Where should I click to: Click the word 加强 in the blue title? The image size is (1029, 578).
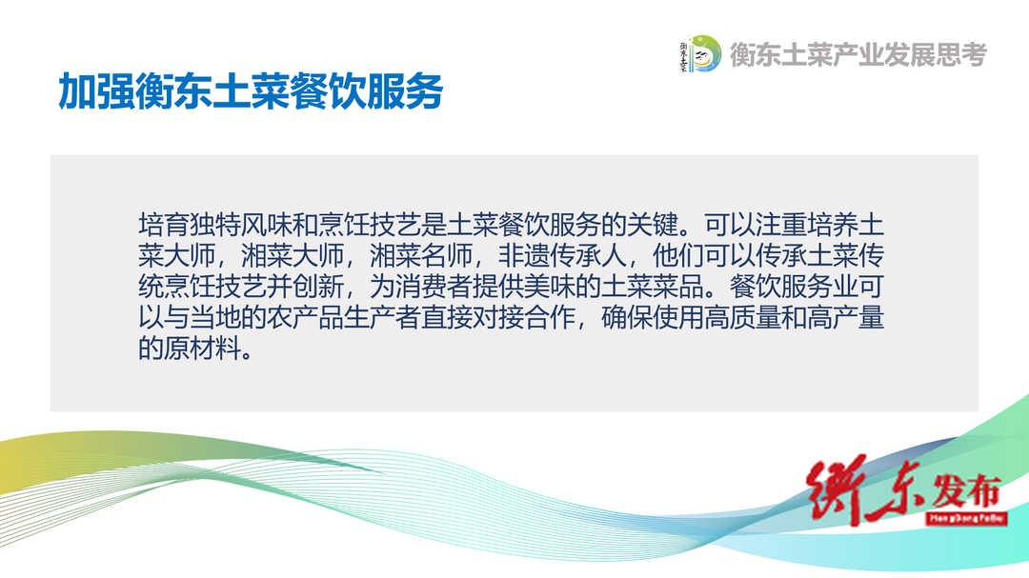click(x=96, y=90)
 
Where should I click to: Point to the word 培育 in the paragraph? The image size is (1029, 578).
click(x=164, y=225)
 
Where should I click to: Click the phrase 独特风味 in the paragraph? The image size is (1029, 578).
click(x=240, y=225)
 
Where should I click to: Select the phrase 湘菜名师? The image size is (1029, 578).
click(x=421, y=256)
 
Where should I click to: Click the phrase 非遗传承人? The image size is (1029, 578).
click(x=562, y=256)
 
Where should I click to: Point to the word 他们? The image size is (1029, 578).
click(x=678, y=256)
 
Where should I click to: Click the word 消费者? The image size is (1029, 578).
click(x=434, y=287)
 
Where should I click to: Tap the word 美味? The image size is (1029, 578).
click(x=550, y=287)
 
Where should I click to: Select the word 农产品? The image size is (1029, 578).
click(x=305, y=317)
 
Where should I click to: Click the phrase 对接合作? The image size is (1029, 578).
click(x=524, y=317)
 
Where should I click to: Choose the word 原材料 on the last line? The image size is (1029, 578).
click(x=202, y=348)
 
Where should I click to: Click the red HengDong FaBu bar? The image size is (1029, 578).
click(x=967, y=518)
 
